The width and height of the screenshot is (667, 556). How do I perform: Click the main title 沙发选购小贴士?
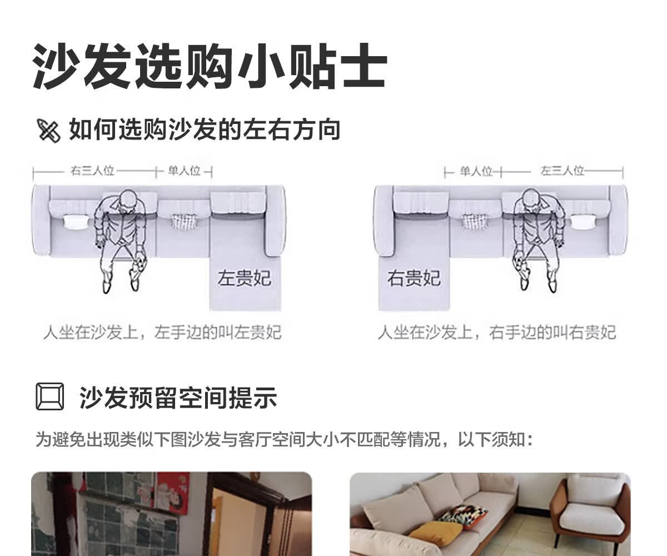210,67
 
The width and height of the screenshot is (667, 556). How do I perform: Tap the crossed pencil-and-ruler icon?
48,131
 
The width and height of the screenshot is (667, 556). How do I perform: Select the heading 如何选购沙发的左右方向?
205,130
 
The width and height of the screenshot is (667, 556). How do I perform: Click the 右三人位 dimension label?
92,171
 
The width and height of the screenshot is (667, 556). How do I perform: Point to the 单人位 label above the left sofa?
185,171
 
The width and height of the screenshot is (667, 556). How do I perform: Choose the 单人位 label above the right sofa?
476,171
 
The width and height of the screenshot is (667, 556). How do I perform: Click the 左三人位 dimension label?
562,171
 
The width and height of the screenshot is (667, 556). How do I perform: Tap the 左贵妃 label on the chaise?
245,278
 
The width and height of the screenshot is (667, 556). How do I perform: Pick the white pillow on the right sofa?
583,222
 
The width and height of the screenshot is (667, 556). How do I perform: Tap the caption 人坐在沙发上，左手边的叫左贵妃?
162,332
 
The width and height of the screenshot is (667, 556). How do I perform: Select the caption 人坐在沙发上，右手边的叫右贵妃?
497,332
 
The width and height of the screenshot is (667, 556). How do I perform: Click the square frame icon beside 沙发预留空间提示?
50,396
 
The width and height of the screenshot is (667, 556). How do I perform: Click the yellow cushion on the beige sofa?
435,534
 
